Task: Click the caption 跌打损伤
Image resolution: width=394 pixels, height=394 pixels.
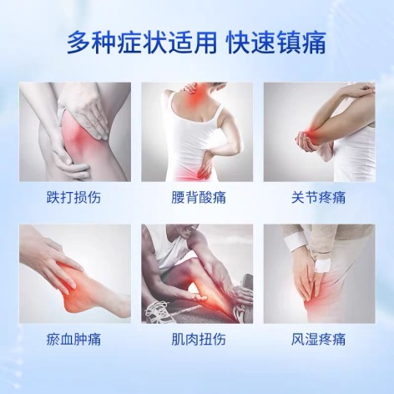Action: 73,197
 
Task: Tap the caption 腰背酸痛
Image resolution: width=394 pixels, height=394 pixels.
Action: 199,197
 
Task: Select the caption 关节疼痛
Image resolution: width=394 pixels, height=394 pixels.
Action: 318,197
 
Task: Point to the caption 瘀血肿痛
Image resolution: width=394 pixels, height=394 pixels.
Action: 73,339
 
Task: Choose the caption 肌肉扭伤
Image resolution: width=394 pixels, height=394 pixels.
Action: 199,339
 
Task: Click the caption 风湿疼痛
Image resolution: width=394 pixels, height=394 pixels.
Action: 318,339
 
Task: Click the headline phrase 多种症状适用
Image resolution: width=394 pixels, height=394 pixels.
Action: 141,43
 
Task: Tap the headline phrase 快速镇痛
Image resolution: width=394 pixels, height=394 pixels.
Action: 276,43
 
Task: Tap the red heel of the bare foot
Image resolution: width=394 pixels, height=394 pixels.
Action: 73,302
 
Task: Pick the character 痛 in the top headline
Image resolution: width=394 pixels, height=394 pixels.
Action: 314,43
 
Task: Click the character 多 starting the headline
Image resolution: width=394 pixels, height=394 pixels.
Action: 78,43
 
